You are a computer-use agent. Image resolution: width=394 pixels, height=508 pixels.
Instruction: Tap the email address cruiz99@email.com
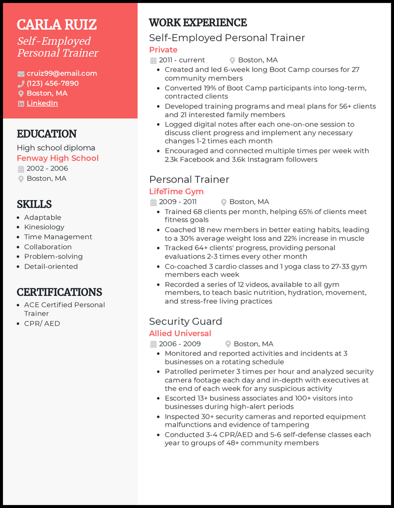pyautogui.click(x=62, y=73)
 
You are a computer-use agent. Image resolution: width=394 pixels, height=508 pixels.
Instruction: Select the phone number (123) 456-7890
pyautogui.click(x=53, y=83)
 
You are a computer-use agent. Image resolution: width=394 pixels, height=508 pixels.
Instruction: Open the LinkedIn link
pyautogui.click(x=42, y=103)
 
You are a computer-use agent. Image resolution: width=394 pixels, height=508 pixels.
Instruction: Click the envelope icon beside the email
pyautogui.click(x=21, y=74)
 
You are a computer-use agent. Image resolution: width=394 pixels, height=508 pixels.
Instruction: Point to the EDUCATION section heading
pyautogui.click(x=46, y=134)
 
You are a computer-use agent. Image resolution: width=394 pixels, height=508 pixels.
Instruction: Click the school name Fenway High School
pyautogui.click(x=58, y=158)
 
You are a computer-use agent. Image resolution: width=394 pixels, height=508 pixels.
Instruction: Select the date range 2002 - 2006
pyautogui.click(x=47, y=168)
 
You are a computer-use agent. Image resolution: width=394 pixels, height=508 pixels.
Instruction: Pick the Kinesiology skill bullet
pyautogui.click(x=44, y=227)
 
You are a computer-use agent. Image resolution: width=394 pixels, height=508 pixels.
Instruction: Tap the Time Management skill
pyautogui.click(x=58, y=237)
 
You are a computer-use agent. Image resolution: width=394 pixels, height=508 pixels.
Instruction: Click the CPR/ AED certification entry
pyautogui.click(x=42, y=323)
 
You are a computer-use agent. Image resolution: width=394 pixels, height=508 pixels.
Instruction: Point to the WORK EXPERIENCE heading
pyautogui.click(x=197, y=23)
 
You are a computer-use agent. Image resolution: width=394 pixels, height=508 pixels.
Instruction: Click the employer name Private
pyautogui.click(x=163, y=50)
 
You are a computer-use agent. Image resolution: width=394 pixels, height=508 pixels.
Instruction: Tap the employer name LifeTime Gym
pyautogui.click(x=176, y=191)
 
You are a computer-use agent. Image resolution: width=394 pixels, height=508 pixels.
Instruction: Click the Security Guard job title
pyautogui.click(x=186, y=321)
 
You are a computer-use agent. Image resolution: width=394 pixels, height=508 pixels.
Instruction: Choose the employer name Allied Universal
pyautogui.click(x=180, y=333)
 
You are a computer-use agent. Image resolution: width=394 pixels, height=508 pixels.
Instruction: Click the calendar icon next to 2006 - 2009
pyautogui.click(x=153, y=344)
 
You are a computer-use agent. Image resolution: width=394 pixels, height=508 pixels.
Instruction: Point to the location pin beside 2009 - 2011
pyautogui.click(x=224, y=202)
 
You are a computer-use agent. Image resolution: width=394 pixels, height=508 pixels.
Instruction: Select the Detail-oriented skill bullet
pyautogui.click(x=51, y=266)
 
